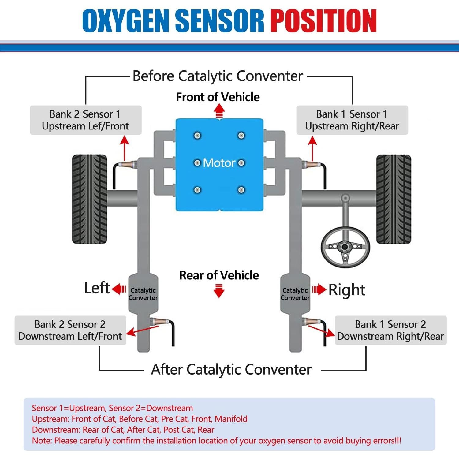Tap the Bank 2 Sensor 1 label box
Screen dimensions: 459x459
click(85, 120)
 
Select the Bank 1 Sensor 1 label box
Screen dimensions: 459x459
click(352, 120)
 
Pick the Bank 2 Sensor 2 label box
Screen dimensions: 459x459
click(70, 330)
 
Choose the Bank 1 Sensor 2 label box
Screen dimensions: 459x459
click(390, 330)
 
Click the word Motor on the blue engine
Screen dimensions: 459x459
click(219, 163)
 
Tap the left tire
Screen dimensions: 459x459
click(90, 199)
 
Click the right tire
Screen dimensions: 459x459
click(394, 199)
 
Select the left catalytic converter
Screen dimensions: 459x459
click(143, 294)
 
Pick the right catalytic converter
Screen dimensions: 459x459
click(295, 294)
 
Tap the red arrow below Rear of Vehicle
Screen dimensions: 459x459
click(219, 291)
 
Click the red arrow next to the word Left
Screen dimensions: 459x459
click(119, 289)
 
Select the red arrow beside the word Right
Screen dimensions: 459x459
click(319, 289)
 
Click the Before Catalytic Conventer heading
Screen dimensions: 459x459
click(218, 76)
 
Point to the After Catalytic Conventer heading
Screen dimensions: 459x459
click(231, 369)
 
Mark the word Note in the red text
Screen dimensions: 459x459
click(42, 441)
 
